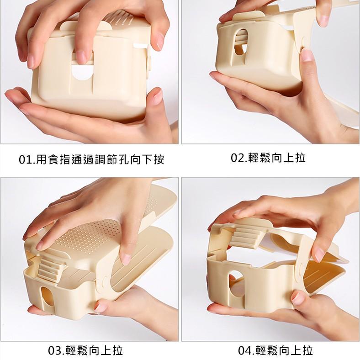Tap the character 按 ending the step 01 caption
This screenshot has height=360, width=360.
159,159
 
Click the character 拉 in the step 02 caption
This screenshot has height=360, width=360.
300,158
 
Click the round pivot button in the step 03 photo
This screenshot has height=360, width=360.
106,281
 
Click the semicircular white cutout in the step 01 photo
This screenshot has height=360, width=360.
82,72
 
